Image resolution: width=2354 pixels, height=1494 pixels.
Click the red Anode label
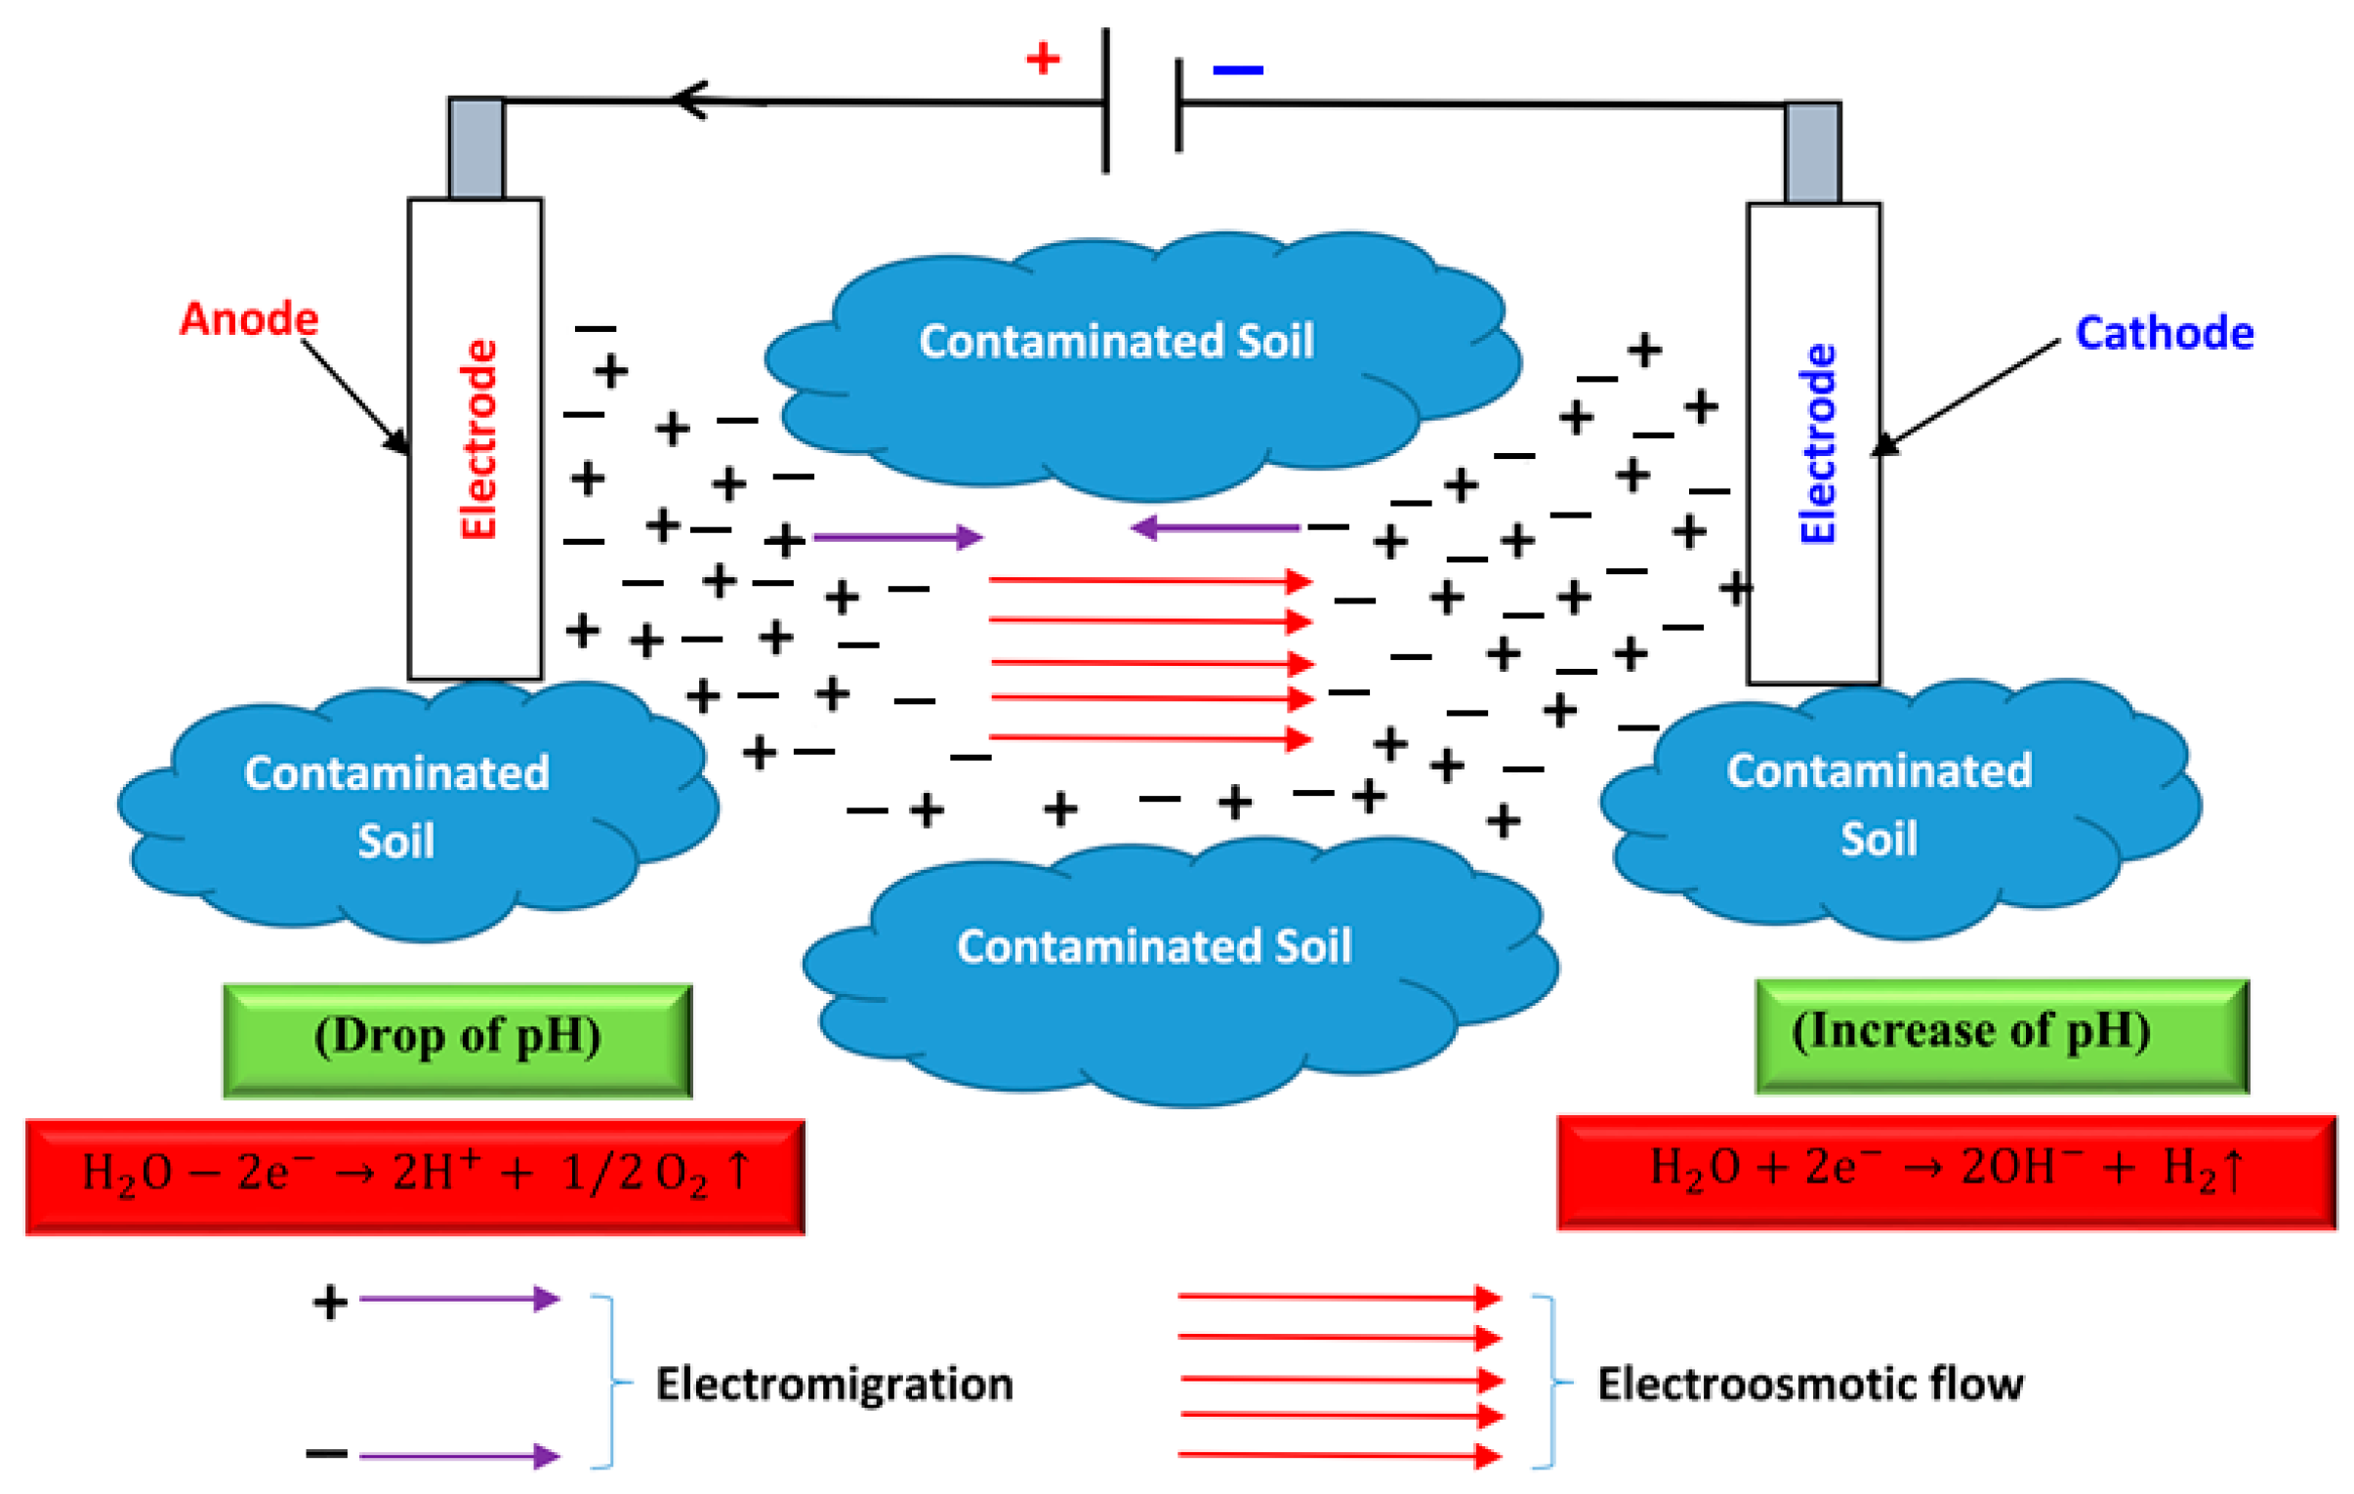[248, 319]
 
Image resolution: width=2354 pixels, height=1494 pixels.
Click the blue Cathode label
[2164, 333]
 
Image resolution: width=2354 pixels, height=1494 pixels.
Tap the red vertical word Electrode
[478, 439]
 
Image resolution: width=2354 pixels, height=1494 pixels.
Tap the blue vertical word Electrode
[1817, 444]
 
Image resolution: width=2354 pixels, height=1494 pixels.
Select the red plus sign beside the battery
[1042, 59]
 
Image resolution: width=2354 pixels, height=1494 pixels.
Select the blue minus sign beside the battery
[1237, 70]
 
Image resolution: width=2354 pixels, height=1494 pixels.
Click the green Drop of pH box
[458, 1040]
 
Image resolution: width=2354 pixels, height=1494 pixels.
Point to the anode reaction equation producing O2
[416, 1177]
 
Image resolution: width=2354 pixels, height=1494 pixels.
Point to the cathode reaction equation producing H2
[1945, 1172]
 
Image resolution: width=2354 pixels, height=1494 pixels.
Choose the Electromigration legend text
[833, 1384]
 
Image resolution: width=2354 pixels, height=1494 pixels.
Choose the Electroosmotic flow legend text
[1809, 1384]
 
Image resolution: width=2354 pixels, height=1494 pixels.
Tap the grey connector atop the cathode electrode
[1811, 152]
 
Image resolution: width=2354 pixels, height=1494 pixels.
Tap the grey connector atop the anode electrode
[476, 148]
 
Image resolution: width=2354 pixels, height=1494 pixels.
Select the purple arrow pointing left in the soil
[1215, 528]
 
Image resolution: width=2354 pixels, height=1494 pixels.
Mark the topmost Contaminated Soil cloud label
[1115, 341]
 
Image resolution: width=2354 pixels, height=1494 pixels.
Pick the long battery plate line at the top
[1105, 101]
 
